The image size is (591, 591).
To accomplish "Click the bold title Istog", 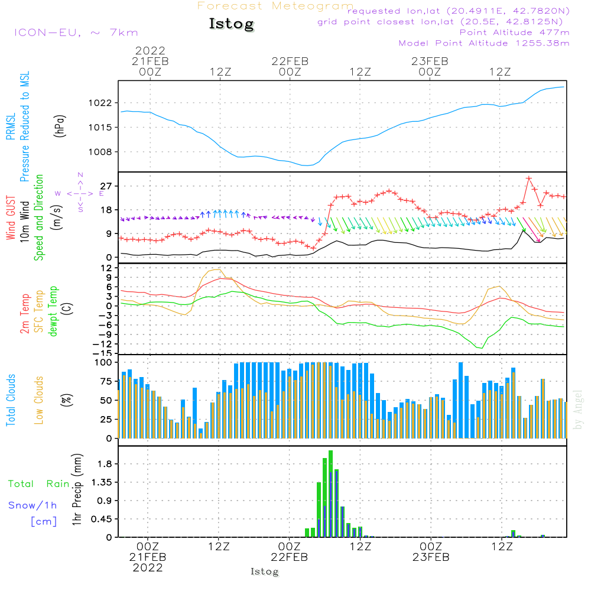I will coord(231,24).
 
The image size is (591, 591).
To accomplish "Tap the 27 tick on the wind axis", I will coord(108,186).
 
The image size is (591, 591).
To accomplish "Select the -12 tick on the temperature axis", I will coord(106,344).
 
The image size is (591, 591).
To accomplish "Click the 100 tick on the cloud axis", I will coord(104,362).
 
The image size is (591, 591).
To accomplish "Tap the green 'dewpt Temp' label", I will coord(54,311).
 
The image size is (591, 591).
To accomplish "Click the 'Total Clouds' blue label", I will coord(11,400).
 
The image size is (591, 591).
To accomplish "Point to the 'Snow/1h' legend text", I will coord(33,505).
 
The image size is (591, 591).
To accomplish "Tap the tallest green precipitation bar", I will coord(330,493).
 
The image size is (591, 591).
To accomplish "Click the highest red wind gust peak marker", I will coord(529,178).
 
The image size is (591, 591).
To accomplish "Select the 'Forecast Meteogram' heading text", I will coord(275,6).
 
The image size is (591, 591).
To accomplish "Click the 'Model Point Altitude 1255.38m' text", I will coord(484,43).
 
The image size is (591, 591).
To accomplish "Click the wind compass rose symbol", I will coord(80,193).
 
